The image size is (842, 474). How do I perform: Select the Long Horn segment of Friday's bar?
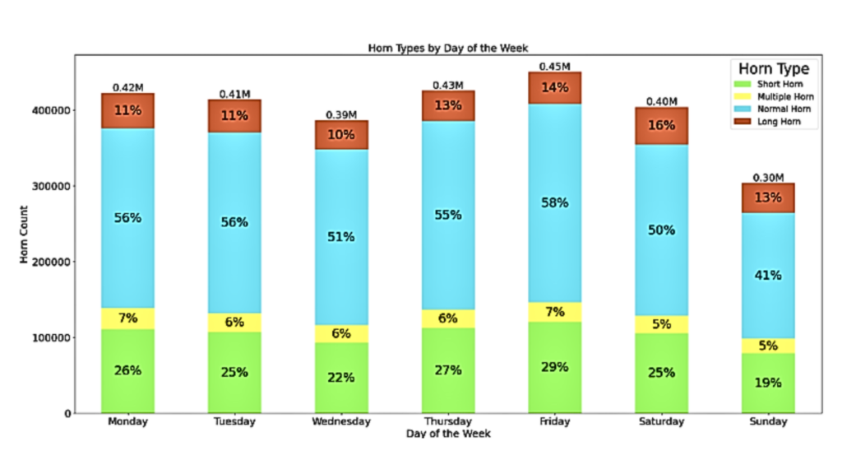[555, 88]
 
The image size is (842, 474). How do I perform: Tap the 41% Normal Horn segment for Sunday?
[768, 276]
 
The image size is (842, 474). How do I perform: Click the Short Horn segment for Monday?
[127, 371]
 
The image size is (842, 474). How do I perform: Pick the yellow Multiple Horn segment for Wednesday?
[341, 333]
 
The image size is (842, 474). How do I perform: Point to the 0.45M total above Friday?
[555, 66]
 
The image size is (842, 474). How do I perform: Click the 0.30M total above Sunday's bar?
[768, 177]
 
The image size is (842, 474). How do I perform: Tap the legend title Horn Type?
[773, 69]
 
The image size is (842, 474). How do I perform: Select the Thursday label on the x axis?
[448, 422]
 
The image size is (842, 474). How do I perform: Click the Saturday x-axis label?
[661, 422]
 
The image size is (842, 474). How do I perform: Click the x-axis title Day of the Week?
[448, 434]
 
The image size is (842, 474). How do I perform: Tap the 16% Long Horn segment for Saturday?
[661, 125]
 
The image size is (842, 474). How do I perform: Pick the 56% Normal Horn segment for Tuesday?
[234, 221]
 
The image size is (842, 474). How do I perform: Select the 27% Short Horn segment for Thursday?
[448, 370]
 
